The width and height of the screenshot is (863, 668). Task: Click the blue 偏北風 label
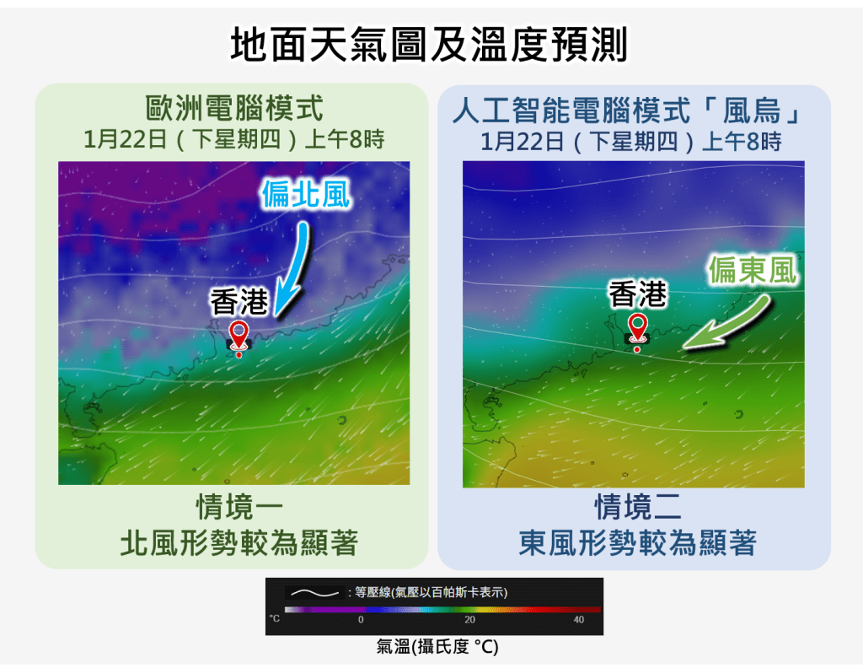coord(304,194)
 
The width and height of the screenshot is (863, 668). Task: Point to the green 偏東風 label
coord(752,271)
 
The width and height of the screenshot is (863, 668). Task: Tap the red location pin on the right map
coord(637,330)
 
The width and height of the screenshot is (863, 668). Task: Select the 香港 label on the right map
coord(637,294)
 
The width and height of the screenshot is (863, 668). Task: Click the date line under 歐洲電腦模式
coord(233,138)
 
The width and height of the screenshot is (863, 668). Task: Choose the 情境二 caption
coord(637,508)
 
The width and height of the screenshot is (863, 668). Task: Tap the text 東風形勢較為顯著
coord(637,542)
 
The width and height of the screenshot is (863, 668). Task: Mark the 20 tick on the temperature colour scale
coord(469,619)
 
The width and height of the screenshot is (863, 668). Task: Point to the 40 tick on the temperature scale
coord(578,619)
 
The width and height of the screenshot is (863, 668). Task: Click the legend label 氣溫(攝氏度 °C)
coord(437,647)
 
